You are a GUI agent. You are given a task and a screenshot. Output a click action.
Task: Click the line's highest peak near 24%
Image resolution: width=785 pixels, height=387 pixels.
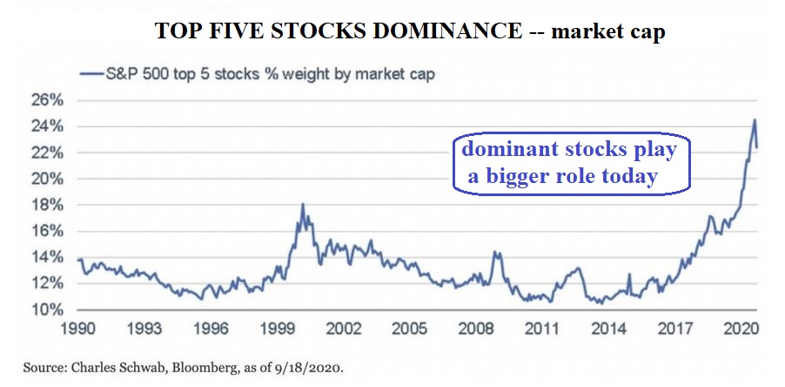coord(755,119)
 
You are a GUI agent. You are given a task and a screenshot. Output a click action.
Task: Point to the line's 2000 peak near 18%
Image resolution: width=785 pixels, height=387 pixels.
coord(302,205)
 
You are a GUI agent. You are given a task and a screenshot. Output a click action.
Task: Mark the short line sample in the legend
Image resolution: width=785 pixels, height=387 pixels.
coord(92,74)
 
